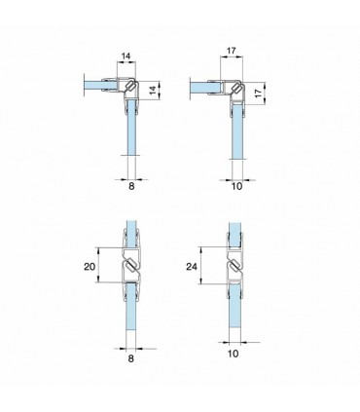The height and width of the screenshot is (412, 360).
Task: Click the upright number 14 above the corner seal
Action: (x=126, y=56)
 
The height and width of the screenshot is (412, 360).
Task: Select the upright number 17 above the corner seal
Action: (x=232, y=51)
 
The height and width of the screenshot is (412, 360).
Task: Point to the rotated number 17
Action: (x=258, y=94)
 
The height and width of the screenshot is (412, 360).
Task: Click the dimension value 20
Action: (x=90, y=267)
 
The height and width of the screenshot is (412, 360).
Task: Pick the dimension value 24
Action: (x=192, y=267)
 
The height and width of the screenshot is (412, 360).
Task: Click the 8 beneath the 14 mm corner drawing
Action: (x=131, y=186)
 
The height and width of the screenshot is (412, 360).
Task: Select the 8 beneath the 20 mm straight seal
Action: (x=130, y=358)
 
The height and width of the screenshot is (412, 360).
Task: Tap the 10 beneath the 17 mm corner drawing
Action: (x=237, y=186)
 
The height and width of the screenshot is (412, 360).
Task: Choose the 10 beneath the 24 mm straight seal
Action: (x=234, y=354)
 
